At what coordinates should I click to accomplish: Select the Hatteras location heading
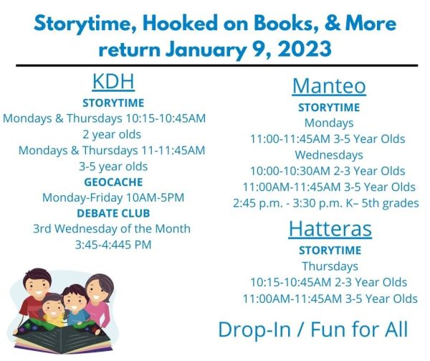click(x=329, y=228)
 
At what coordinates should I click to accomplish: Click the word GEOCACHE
click(x=113, y=182)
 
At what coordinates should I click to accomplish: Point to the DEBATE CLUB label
click(x=113, y=213)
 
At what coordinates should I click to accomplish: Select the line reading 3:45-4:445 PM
click(x=113, y=245)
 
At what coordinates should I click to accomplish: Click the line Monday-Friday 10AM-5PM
click(x=113, y=197)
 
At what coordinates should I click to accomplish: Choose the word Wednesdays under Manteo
click(x=328, y=154)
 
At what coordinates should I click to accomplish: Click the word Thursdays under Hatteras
click(x=329, y=266)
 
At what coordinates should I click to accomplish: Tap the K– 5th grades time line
click(x=326, y=203)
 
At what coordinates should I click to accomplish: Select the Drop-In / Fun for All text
click(x=313, y=329)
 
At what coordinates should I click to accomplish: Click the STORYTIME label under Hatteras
click(x=329, y=250)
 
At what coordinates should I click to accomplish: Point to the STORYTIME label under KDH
click(x=113, y=103)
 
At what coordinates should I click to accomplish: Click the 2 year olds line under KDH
click(x=113, y=134)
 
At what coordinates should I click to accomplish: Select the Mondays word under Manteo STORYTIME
click(x=329, y=123)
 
